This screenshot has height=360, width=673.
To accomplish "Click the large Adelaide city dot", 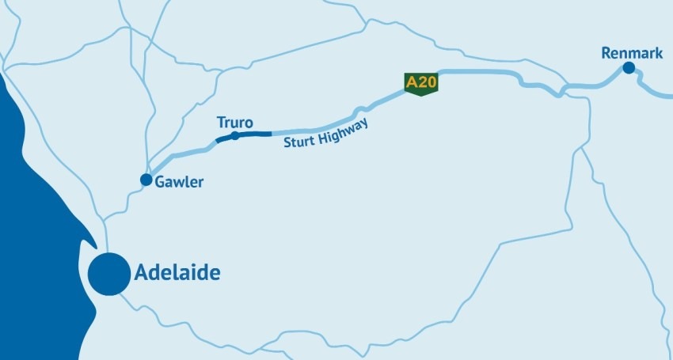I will pyautogui.click(x=108, y=274).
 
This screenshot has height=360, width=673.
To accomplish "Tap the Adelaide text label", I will pyautogui.click(x=177, y=274).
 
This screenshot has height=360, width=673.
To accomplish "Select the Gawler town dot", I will pyautogui.click(x=146, y=180).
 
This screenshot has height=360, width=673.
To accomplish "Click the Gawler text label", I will pyautogui.click(x=181, y=182).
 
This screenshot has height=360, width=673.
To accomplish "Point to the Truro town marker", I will pyautogui.click(x=234, y=135).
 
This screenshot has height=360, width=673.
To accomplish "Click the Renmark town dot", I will pyautogui.click(x=628, y=68).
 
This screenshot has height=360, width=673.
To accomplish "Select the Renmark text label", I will pyautogui.click(x=632, y=53).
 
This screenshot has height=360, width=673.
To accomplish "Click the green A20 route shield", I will pyautogui.click(x=421, y=83).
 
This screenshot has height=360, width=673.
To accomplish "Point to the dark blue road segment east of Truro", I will pyautogui.click(x=255, y=134).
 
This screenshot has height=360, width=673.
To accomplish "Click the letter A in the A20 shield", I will pyautogui.click(x=411, y=81).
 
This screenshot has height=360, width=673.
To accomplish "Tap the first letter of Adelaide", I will pyautogui.click(x=142, y=274).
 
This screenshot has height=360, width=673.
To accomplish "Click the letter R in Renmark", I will pyautogui.click(x=606, y=53).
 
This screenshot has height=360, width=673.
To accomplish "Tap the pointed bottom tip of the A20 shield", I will pyautogui.click(x=421, y=97).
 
